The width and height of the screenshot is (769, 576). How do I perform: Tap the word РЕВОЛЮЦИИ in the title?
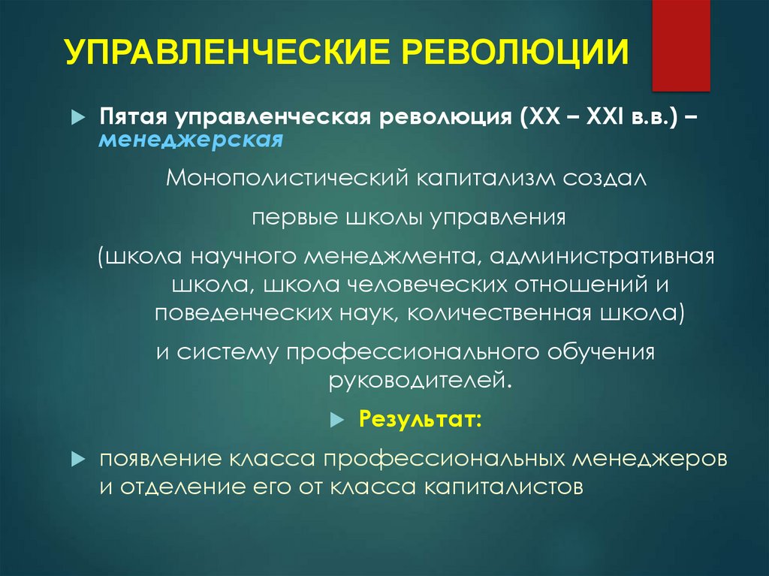(x=511, y=55)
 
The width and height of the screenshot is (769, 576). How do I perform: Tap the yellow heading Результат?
(x=420, y=417)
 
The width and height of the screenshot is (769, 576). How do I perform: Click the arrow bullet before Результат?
(x=336, y=418)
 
